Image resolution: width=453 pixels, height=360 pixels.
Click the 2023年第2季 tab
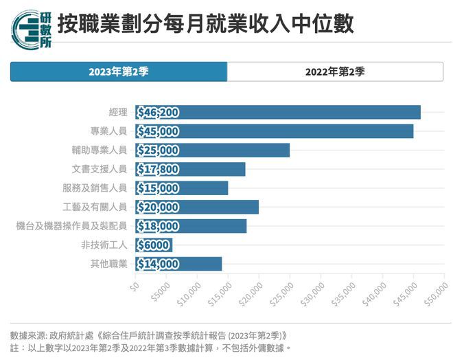(118, 71)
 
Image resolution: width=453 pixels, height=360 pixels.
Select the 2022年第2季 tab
(335, 71)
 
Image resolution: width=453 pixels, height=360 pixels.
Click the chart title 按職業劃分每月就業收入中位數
(205, 25)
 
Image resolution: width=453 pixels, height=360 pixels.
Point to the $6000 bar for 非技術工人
(154, 245)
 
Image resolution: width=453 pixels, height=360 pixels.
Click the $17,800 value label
(158, 170)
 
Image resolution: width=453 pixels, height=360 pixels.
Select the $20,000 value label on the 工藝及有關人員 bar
(158, 207)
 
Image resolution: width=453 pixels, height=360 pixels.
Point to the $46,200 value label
(158, 113)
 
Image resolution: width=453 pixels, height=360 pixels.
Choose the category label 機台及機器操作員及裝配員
(71, 226)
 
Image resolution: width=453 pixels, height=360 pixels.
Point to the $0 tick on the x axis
(135, 284)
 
